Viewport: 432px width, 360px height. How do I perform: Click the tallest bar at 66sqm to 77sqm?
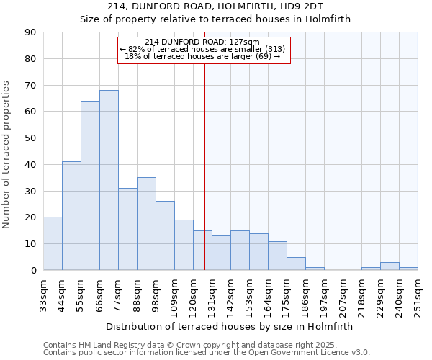pyautogui.click(x=109, y=180)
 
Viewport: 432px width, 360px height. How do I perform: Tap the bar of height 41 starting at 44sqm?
pyautogui.click(x=71, y=216)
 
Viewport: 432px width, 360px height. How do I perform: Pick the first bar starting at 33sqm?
pyautogui.click(x=53, y=243)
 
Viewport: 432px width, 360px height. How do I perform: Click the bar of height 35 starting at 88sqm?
pyautogui.click(x=146, y=224)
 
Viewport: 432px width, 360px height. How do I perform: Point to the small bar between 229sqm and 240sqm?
pyautogui.click(x=390, y=266)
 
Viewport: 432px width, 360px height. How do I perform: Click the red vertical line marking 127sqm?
pyautogui.click(x=204, y=180)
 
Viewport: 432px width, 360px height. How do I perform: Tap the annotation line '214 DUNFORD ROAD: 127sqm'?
pyautogui.click(x=202, y=42)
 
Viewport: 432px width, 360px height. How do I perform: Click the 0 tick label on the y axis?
pyautogui.click(x=33, y=271)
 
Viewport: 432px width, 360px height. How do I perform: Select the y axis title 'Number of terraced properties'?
pyautogui.click(x=7, y=155)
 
